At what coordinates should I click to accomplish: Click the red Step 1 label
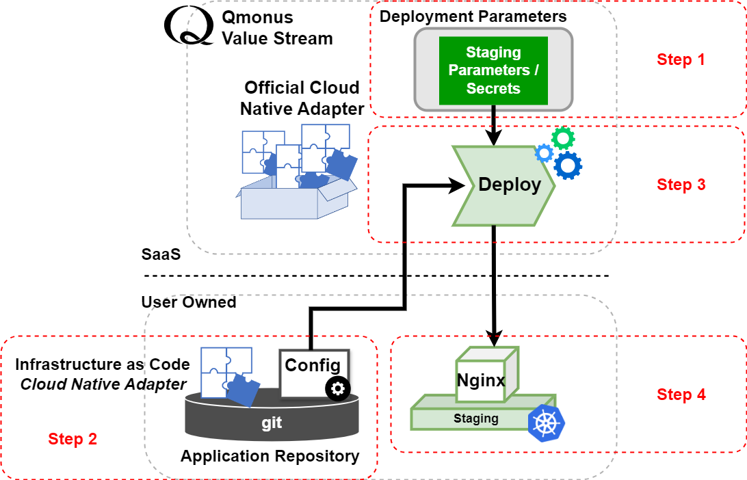click(x=681, y=59)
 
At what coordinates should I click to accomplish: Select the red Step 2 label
click(x=73, y=439)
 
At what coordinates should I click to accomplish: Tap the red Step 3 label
click(x=681, y=185)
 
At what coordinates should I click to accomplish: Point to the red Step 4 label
click(x=681, y=395)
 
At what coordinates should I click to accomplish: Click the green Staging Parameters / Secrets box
click(x=493, y=70)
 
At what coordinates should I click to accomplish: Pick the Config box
click(x=313, y=373)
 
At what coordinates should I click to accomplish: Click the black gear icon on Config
click(x=337, y=389)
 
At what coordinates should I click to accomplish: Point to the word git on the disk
click(x=272, y=423)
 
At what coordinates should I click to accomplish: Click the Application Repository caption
click(x=270, y=456)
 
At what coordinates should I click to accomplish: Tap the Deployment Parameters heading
click(x=473, y=16)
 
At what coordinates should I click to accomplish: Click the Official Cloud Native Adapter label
click(x=302, y=98)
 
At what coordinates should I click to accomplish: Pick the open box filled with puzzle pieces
click(x=296, y=174)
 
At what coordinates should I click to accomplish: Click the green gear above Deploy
click(x=563, y=139)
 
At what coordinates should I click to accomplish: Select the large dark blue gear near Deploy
click(x=568, y=165)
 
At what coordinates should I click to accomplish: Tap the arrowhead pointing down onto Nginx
click(x=493, y=336)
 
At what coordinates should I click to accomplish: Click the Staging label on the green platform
click(x=475, y=418)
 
